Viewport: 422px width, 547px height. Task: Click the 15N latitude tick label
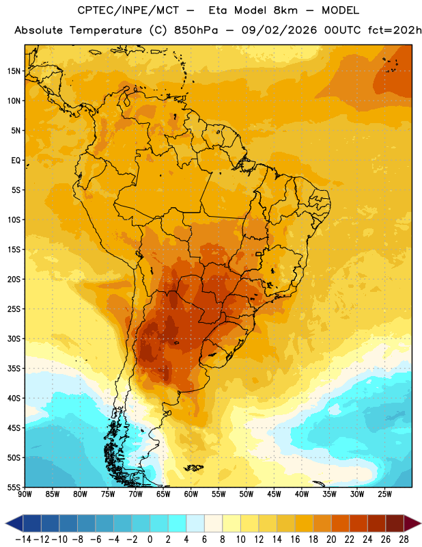pos(14,71)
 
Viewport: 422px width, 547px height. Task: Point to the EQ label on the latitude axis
pos(16,161)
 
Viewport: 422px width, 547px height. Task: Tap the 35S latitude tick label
pos(14,369)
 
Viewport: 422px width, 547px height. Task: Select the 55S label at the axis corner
pos(14,488)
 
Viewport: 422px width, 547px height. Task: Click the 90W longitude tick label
pos(25,494)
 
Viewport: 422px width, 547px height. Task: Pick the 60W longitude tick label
pos(191,494)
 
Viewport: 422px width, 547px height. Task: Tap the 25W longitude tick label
pos(384,494)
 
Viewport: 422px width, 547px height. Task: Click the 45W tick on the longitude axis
pos(274,494)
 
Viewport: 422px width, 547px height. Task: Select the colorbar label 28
pos(404,539)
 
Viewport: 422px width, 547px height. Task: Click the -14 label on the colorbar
pos(23,539)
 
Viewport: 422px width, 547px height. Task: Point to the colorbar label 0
pos(150,539)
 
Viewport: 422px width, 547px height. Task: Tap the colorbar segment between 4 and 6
pos(195,523)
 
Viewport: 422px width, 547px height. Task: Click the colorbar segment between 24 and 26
pos(377,523)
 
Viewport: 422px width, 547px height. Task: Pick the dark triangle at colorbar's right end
pos(411,523)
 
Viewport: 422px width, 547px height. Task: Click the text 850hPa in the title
pos(196,30)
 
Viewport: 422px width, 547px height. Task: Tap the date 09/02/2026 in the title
pos(279,30)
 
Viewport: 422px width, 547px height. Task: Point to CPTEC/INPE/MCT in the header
pos(128,10)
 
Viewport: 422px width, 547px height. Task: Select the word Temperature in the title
pos(106,31)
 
